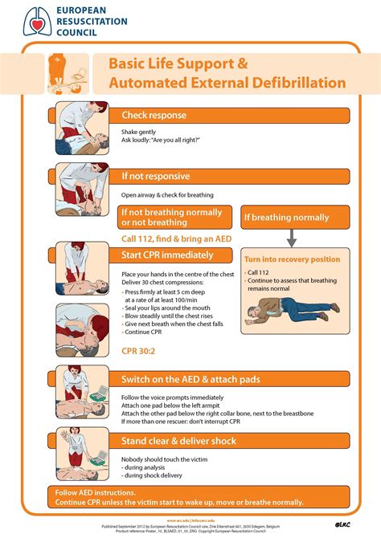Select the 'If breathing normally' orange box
click(x=287, y=218)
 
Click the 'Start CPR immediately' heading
click(x=168, y=255)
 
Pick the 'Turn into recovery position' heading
click(x=293, y=259)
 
